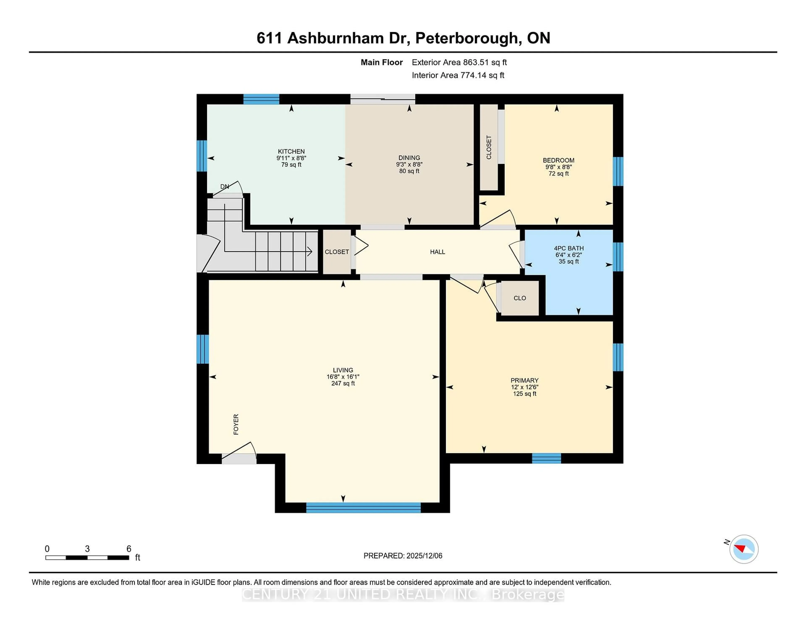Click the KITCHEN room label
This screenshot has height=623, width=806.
[x=291, y=151]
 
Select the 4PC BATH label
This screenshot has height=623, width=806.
[x=568, y=248]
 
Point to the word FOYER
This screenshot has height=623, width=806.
[x=236, y=424]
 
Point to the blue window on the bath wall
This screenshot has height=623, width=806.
[x=618, y=257]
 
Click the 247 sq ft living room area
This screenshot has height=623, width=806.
[x=343, y=383]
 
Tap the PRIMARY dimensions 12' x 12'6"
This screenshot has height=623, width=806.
[x=524, y=387]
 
